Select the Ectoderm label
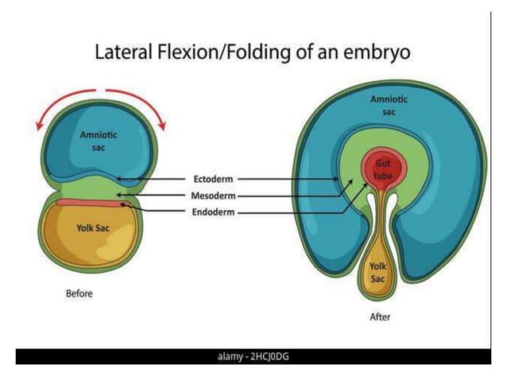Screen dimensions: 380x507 tap(212, 179)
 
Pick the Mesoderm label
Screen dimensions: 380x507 tap(214, 196)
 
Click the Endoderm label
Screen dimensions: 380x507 tap(213, 211)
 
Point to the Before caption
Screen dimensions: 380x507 tap(79, 293)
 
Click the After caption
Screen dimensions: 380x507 tap(380, 317)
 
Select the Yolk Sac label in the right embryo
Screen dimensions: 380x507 tap(378, 273)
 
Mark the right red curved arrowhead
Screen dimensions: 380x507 tap(162, 124)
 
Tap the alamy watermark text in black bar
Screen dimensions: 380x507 tap(253, 356)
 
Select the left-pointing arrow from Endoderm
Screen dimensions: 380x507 tap(151, 211)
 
